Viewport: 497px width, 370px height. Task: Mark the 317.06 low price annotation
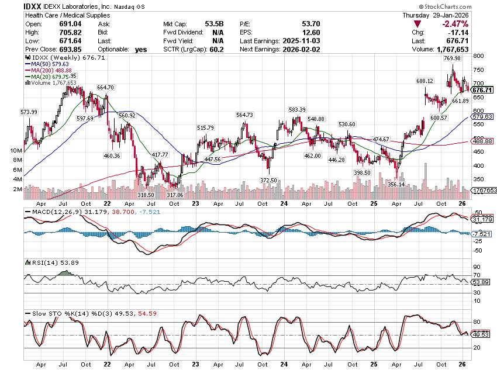[x=174, y=195]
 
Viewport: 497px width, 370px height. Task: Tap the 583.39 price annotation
[x=296, y=109]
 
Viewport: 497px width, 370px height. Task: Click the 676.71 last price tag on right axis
[x=482, y=90]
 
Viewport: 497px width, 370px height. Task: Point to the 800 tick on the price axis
[x=478, y=56]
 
